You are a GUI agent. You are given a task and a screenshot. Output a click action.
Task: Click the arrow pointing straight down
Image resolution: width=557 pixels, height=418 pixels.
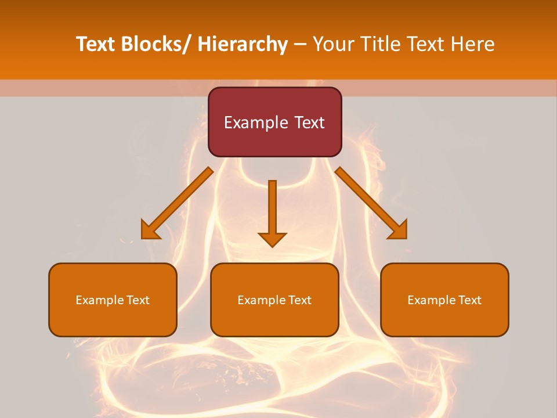click(x=272, y=212)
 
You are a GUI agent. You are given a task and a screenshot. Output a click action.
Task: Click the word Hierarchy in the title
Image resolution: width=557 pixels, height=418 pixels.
click(x=242, y=44)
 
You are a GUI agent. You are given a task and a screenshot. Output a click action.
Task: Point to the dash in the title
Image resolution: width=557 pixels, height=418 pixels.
click(x=300, y=44)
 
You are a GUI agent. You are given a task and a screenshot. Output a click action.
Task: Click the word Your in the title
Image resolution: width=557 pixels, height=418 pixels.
click(x=332, y=44)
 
